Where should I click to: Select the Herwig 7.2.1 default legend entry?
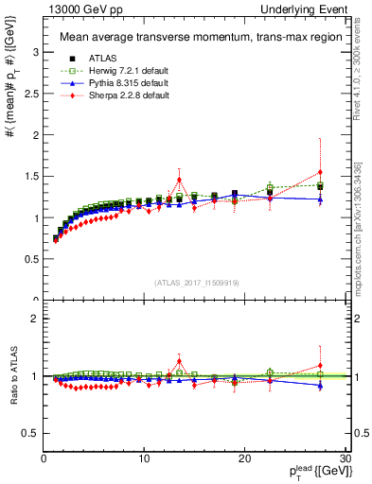point(113,70)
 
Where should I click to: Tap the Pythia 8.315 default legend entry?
point(112,83)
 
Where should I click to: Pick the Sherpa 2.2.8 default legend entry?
point(112,96)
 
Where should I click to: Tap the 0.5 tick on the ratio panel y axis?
point(30,433)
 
